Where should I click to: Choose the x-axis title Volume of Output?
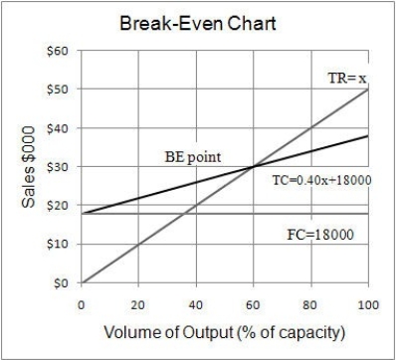(224, 330)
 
